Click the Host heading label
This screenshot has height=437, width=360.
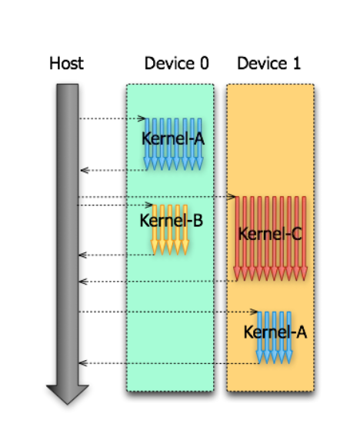point(66,63)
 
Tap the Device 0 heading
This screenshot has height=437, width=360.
point(177,63)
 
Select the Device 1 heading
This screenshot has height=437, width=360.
point(269,63)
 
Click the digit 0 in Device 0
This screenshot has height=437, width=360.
point(205,63)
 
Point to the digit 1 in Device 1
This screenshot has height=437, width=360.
point(297,63)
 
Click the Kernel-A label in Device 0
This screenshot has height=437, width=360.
point(173,138)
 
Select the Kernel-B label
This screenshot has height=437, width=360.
point(171,220)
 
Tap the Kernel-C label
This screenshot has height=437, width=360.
point(270,234)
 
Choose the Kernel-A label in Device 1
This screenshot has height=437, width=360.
point(275,332)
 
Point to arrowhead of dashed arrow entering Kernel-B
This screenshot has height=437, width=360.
point(149,205)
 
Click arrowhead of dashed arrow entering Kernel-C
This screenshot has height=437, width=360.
point(232,197)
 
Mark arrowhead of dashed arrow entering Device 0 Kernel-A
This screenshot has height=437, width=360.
point(142,118)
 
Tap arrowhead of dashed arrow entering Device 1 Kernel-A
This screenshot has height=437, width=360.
point(254,312)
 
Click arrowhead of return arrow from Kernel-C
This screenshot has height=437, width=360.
point(83,282)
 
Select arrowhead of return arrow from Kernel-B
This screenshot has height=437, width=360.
point(83,255)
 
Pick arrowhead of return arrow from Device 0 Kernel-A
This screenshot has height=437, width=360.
point(85,170)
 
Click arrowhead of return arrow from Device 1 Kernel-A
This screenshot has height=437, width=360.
point(83,363)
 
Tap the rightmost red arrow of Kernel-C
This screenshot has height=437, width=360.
point(304,239)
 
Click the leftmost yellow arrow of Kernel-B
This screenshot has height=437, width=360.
point(155,229)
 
